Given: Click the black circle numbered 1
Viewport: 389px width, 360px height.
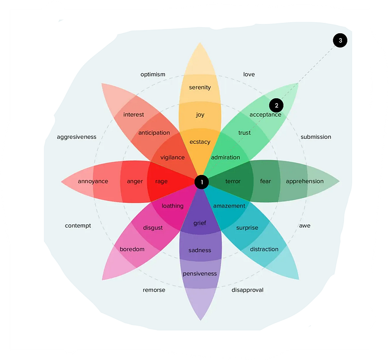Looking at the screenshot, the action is pos(201,182).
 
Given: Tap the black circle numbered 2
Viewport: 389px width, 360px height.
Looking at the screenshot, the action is pos(276,106).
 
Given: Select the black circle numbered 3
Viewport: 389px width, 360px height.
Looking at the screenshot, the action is pos(340,41).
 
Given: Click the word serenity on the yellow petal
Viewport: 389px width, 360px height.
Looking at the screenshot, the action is pos(200,88).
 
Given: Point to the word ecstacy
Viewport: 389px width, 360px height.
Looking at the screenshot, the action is pos(200,142).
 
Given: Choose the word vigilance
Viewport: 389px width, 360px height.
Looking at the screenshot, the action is pos(172,157).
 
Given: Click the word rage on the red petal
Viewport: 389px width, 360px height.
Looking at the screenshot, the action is pos(161,182).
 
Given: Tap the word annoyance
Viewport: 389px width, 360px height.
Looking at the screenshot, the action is pos(93,182).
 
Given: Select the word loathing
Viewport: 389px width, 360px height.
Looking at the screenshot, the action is pos(172,206).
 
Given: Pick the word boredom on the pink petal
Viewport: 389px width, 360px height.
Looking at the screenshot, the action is pos(132,249).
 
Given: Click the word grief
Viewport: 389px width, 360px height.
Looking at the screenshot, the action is pos(200,223).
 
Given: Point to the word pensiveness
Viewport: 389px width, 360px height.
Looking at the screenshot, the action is pos(200,274).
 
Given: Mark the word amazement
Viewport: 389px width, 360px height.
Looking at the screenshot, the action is pos(229,206).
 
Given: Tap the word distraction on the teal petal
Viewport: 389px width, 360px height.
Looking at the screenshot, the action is pos(264,249).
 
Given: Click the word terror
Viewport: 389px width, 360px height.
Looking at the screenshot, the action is pos(233,182).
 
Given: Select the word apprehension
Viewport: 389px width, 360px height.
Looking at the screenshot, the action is pos(305,182).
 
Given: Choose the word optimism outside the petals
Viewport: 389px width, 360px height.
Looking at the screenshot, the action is pos(153,74).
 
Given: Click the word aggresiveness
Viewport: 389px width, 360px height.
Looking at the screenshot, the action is pos(77,137).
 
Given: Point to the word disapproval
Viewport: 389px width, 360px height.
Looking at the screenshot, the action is pos(247,290).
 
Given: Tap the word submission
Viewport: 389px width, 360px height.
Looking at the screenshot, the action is pos(316,137).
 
